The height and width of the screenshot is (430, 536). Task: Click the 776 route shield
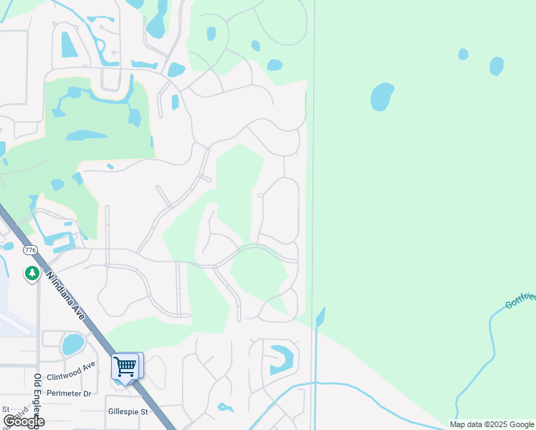coord(29,250)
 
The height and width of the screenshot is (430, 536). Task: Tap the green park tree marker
coord(32,273)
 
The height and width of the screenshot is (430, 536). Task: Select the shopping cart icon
coord(126,366)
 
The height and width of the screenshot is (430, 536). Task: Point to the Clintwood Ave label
coord(71,371)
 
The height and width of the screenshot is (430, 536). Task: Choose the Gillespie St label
coord(128,411)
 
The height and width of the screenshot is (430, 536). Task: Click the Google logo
coord(24,421)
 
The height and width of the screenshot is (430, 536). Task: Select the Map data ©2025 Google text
coord(492,424)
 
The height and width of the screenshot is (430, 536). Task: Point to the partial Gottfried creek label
coord(520,300)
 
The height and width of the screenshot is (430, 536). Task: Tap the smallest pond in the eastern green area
coord(463,54)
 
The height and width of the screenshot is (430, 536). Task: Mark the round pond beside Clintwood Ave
coord(72,345)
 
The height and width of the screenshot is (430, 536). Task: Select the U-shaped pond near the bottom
coord(281,359)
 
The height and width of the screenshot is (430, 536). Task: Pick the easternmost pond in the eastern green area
coord(496,66)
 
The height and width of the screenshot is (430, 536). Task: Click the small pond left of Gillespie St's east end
coord(226,408)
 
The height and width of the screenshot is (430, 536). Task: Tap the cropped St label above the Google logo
coord(6,408)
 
